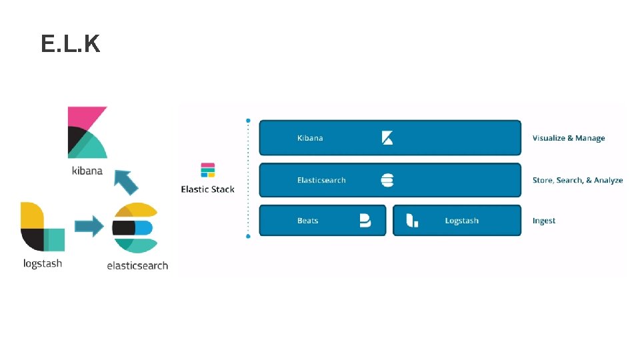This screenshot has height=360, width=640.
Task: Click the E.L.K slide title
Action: pos(70,44)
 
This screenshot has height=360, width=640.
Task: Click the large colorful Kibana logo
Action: pos(87,132)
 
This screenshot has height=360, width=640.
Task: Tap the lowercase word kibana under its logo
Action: pos(87,171)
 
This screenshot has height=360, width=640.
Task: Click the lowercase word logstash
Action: pos(42,263)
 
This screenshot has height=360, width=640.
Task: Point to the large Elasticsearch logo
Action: pos(135,228)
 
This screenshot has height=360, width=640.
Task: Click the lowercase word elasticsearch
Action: pos(137,265)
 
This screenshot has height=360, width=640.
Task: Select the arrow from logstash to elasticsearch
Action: pos(89,226)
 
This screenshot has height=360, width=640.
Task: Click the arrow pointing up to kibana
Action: pos(125,181)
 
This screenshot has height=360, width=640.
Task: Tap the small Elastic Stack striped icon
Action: pos(208,170)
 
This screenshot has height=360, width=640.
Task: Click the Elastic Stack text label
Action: pos(208,189)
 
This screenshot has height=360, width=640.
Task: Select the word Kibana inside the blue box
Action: pos(310,138)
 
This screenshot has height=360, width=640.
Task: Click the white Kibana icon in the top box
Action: pos(387,138)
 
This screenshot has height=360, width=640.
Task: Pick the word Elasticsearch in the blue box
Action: pos(321,180)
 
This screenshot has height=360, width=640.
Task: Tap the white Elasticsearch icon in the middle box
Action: pos(387,180)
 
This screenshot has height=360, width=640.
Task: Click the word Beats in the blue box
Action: pos(308,221)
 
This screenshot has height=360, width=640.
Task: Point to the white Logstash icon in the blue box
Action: pos(412,221)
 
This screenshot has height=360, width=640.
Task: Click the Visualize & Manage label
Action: pos(569,138)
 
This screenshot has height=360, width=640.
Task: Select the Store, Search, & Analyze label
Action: pos(577,180)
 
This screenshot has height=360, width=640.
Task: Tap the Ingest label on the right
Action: pos(544,221)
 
